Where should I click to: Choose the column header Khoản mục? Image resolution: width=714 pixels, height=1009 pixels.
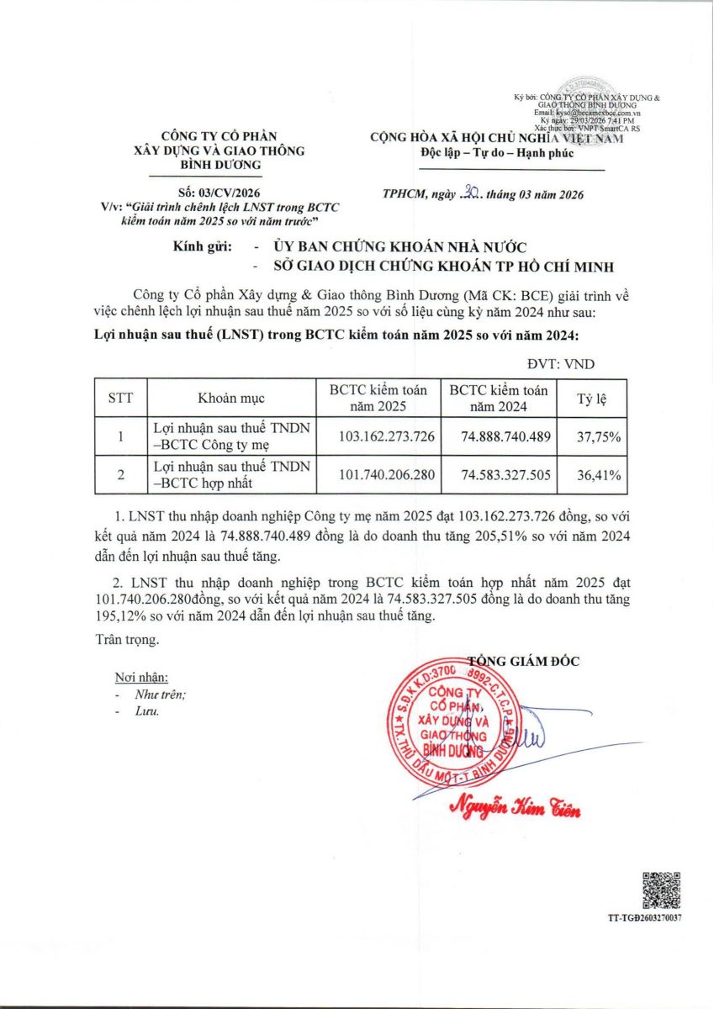pos(229,398)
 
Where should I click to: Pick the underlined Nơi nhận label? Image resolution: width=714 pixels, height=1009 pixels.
pos(140,678)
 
